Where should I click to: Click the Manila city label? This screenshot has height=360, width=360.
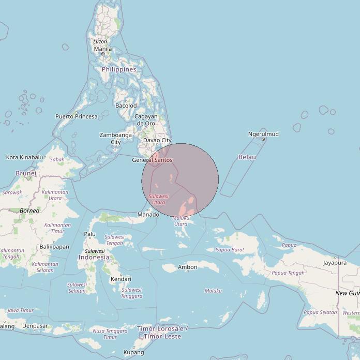(x=102, y=49)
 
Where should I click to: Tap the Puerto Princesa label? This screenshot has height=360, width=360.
(x=77, y=116)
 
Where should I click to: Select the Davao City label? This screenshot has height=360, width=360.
(x=157, y=140)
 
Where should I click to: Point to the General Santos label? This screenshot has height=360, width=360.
(x=152, y=160)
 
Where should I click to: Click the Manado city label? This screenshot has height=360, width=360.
(x=148, y=215)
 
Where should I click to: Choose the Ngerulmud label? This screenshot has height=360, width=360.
(x=263, y=134)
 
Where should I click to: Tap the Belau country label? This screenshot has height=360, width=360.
(x=247, y=157)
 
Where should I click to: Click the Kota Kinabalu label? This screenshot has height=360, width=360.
(x=24, y=157)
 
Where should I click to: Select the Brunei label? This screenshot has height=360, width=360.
(x=26, y=173)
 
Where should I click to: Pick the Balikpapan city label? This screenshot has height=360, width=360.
(x=54, y=247)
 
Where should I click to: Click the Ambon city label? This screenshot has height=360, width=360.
(x=187, y=267)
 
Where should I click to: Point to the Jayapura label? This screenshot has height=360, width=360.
(x=335, y=263)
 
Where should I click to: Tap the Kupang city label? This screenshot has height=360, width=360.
(x=134, y=353)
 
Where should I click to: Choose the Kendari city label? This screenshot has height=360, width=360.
(x=121, y=279)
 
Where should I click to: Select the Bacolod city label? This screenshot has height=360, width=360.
(x=126, y=106)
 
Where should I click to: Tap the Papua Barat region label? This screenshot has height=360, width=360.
(x=230, y=250)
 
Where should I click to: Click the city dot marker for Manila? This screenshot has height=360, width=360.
(x=103, y=54)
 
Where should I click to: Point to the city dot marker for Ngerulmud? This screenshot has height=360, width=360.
(x=263, y=139)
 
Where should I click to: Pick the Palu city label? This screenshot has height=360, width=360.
(x=90, y=234)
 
